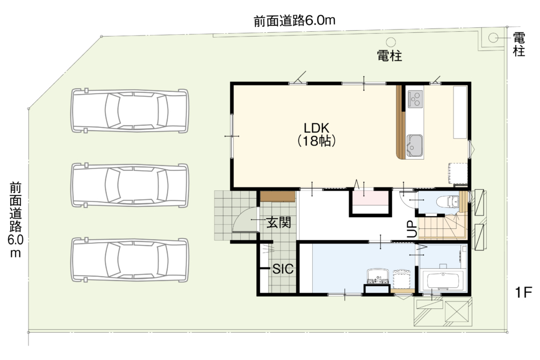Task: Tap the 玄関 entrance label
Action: coord(279,222)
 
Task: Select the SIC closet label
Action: coord(283,269)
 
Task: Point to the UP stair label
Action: coord(412,229)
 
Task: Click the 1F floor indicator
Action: coord(523,292)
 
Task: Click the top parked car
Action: coord(130,111)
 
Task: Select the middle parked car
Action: coord(130,185)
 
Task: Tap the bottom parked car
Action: coord(130,260)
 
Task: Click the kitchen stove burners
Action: coord(415,98)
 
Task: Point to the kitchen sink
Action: coord(415,146)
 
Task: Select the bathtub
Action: coord(443,281)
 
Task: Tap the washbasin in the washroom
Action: coord(378,276)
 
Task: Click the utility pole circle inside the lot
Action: coord(391,42)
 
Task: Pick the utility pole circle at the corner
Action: coord(493,38)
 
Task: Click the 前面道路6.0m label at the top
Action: coord(294,20)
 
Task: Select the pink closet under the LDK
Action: coord(371,199)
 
